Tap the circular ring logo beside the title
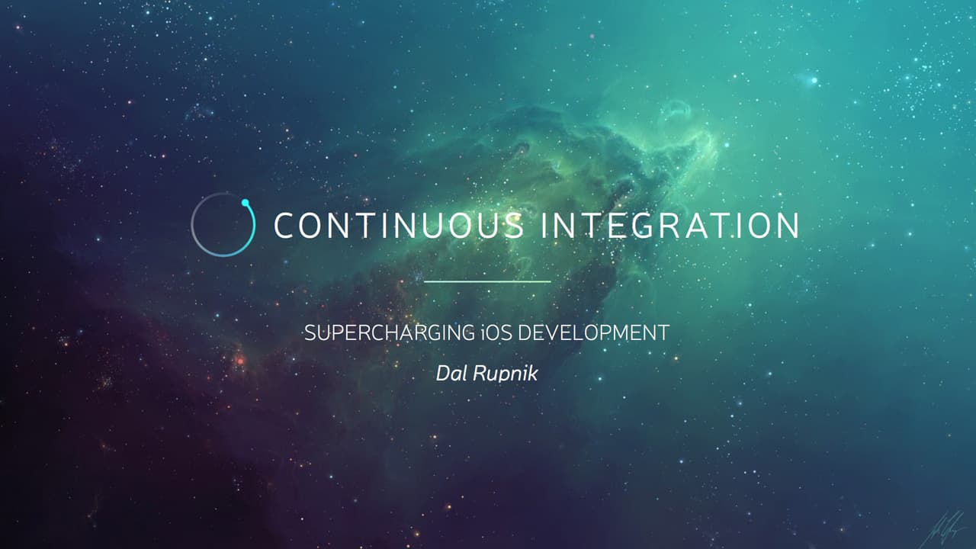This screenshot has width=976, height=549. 222,225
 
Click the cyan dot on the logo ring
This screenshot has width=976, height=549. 246,203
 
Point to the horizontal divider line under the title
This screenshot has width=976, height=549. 486,281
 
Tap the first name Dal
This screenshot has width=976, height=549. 450,374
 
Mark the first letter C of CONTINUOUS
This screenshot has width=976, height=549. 284,226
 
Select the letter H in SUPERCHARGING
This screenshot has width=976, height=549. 381,333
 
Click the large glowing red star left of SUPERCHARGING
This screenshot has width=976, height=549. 240,358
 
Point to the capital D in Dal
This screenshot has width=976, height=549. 441,374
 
